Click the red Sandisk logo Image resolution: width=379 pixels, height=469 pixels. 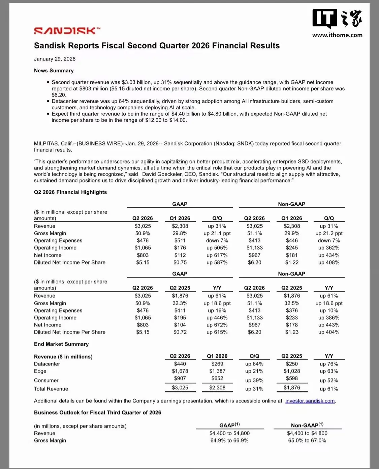(x=67, y=31)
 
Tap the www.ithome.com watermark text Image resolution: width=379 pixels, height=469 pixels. (x=337, y=35)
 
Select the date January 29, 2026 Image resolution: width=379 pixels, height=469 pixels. (x=55, y=59)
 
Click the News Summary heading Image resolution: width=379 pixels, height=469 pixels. (x=54, y=71)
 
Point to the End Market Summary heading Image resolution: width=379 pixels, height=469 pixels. (x=61, y=344)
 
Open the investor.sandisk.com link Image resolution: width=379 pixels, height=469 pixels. (x=310, y=401)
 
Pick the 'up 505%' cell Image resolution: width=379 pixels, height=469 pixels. (x=217, y=248)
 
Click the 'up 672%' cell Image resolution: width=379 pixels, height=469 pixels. (x=217, y=325)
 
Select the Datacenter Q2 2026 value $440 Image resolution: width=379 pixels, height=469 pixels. (x=180, y=364)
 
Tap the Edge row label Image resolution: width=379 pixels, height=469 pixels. (x=40, y=371)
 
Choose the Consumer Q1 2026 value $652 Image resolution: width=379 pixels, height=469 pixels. (x=217, y=378)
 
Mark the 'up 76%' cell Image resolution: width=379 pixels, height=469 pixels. (x=329, y=364)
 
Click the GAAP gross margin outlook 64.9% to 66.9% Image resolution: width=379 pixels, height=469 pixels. (x=229, y=440)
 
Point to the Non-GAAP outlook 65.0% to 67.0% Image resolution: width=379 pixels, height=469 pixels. (x=307, y=440)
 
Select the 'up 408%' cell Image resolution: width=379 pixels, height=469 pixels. (x=329, y=262)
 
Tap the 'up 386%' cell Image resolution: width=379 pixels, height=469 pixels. (x=329, y=318)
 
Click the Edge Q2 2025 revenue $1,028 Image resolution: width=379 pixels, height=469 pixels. (x=292, y=371)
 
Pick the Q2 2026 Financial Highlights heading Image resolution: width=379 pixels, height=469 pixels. (x=70, y=192)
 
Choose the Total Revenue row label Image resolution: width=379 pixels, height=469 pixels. (x=51, y=389)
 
